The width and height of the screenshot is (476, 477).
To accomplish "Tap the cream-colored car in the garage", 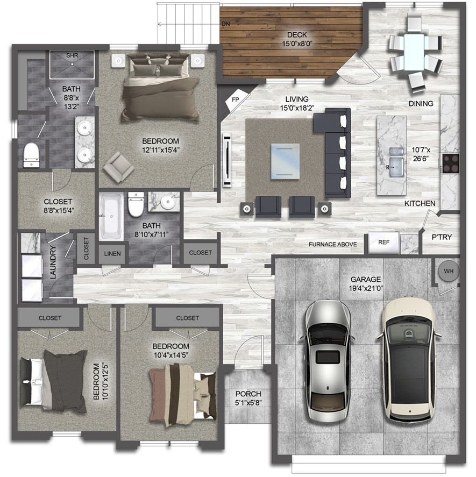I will (408, 359).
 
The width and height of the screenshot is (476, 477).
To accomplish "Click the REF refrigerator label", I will (383, 243).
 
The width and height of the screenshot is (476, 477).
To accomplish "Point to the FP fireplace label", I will (235, 100).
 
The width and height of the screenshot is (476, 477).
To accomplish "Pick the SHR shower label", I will (72, 55).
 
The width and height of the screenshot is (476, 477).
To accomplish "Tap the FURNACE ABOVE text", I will (332, 245).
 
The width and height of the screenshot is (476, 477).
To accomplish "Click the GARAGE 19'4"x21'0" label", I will (366, 283).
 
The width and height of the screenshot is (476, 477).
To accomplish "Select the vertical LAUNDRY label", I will (53, 262).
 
